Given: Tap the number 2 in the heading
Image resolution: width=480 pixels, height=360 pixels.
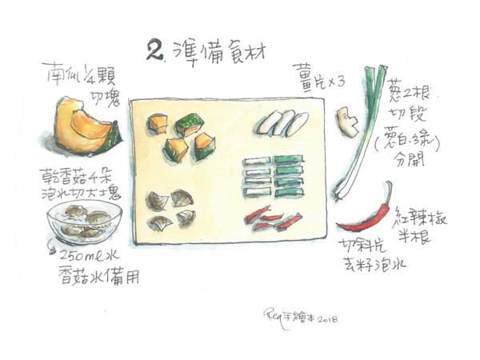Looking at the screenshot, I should [154, 51].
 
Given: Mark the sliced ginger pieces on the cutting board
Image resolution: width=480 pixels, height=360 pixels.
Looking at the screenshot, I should [282, 122].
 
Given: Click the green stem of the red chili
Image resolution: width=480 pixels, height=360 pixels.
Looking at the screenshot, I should [389, 190].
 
